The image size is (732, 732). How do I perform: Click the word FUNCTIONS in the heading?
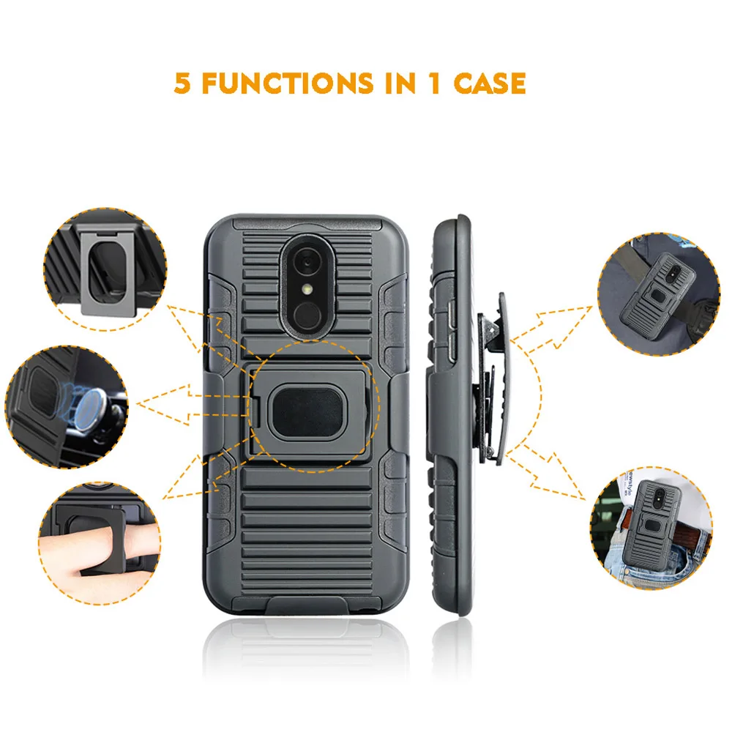point(288,83)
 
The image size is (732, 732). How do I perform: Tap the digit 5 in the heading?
point(182,83)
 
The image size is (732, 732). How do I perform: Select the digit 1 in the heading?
point(435,83)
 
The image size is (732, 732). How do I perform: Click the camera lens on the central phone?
point(307,262)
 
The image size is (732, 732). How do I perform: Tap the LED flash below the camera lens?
point(307,290)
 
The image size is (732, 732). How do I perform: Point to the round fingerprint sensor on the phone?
point(307,314)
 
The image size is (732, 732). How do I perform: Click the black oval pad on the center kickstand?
point(309,411)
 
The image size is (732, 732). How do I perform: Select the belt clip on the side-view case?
point(492,378)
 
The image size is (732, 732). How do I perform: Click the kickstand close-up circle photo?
point(105,269)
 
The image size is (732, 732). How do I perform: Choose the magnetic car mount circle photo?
point(67,406)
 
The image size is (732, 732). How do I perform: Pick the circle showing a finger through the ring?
point(100,543)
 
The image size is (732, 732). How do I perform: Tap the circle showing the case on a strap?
point(659,294)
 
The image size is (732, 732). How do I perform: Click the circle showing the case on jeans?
point(651,528)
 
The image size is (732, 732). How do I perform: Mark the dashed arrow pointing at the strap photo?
point(552,326)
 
